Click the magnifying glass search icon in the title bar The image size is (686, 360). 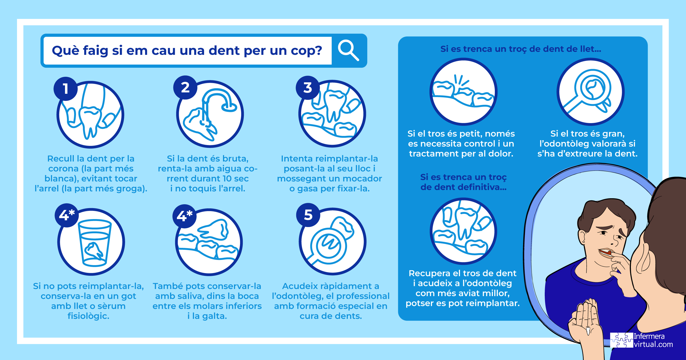[348, 50]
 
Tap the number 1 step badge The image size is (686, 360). [66, 89]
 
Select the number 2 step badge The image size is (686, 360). [185, 87]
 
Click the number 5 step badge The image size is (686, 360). [308, 215]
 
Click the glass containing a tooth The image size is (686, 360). [95, 243]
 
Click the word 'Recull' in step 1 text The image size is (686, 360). [61, 158]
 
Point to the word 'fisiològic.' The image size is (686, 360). [88, 316]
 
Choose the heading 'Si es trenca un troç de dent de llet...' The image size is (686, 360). [521, 49]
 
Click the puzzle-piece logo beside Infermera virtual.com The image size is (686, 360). [622, 340]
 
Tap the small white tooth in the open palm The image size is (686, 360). [588, 330]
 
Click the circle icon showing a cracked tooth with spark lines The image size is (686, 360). [463, 92]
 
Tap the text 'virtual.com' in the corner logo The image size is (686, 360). [653, 344]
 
